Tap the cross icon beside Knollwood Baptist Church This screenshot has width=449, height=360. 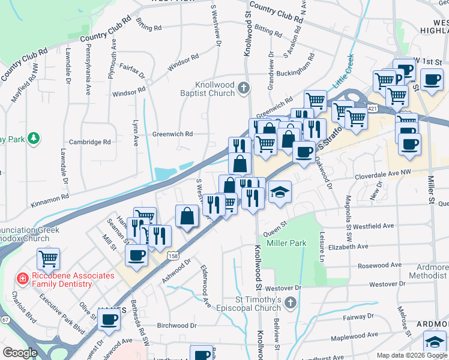point(243,89)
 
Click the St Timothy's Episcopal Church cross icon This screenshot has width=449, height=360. point(291,302)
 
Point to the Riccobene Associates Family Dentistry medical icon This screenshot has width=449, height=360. point(22,278)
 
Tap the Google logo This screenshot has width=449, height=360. point(20,353)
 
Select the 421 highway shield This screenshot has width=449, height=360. point(373,108)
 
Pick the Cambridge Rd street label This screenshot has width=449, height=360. point(90,142)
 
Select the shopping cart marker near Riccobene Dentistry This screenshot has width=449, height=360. point(48,259)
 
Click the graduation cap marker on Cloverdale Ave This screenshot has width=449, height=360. point(279,193)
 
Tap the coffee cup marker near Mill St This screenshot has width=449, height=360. point(136,254)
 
